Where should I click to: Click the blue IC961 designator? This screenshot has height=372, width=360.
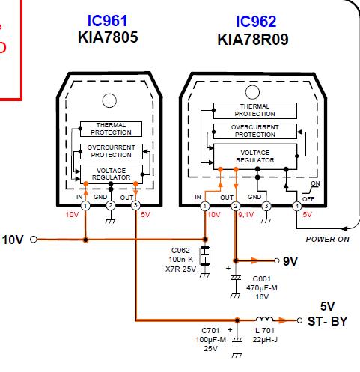[107, 21]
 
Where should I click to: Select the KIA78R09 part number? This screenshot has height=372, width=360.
[253, 40]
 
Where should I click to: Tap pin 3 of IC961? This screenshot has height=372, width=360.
[135, 206]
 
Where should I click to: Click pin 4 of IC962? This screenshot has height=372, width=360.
[296, 207]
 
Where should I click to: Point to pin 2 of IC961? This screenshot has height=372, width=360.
[111, 206]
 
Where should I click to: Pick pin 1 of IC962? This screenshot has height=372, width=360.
[205, 207]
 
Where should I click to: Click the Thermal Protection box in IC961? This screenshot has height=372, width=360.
[111, 129]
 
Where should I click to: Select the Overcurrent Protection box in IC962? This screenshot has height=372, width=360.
[255, 131]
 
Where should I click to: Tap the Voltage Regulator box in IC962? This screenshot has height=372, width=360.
[255, 156]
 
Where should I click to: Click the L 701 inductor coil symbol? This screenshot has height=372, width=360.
[264, 319]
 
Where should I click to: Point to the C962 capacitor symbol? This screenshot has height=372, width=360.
[205, 256]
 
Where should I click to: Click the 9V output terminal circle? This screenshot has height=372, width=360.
[276, 261]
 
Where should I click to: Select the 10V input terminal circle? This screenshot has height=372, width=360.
[33, 240]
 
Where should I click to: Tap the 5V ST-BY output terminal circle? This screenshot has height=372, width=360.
[299, 320]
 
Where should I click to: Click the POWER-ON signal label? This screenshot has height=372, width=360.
[327, 240]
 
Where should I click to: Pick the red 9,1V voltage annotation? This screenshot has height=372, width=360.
[246, 214]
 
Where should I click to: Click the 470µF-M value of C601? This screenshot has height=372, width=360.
[262, 288]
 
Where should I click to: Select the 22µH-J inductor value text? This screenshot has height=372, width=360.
[265, 339]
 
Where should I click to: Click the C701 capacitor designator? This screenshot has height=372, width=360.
[210, 330]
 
